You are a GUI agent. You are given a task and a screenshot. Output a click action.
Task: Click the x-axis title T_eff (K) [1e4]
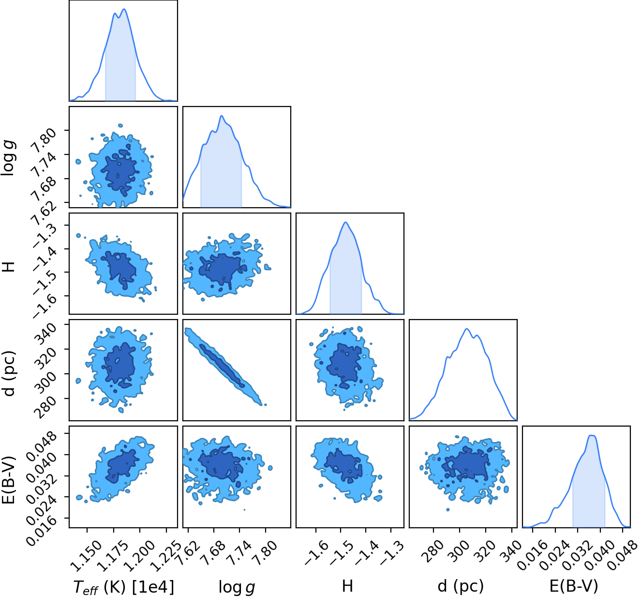point(124,586)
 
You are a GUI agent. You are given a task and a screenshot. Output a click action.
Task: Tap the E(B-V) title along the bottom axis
point(574,586)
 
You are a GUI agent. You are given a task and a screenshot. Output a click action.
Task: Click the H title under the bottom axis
point(347,586)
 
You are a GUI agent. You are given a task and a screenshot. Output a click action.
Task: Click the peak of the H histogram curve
point(346,222)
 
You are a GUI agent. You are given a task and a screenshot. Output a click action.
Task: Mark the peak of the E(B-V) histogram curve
point(592,435)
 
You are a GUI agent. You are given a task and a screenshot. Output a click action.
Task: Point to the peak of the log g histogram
point(222,116)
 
